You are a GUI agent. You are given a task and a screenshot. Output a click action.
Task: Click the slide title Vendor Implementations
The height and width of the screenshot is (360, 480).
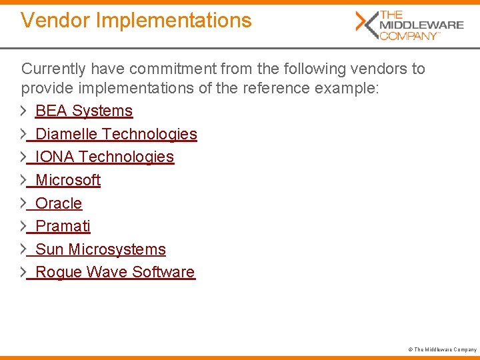pyautogui.click(x=136, y=21)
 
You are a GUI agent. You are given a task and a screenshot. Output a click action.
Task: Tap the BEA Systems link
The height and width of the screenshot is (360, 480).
pyautogui.click(x=84, y=111)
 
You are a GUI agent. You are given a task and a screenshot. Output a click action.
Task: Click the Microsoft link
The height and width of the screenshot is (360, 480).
pyautogui.click(x=68, y=180)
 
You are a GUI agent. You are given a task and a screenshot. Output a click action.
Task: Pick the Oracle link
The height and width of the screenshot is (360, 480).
pyautogui.click(x=59, y=203)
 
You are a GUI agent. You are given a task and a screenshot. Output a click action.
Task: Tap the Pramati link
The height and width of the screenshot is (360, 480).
pyautogui.click(x=63, y=226)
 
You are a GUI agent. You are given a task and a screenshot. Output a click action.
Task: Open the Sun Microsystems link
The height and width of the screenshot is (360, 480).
pyautogui.click(x=101, y=249)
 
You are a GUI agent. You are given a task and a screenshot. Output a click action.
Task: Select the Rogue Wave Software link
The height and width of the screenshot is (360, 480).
pyautogui.click(x=115, y=272)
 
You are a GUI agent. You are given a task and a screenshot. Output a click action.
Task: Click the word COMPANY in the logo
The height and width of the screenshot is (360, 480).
pyautogui.click(x=408, y=36)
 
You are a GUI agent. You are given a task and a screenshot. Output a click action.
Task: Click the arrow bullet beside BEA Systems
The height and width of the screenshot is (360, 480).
pyautogui.click(x=24, y=111)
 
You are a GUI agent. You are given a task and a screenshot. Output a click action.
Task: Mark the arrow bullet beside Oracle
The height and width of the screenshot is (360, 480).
pyautogui.click(x=24, y=203)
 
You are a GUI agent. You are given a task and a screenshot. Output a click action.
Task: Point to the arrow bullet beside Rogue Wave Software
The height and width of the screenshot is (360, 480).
pyautogui.click(x=24, y=272)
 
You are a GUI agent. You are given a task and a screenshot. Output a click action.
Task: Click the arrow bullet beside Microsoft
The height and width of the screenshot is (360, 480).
pyautogui.click(x=24, y=180)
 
